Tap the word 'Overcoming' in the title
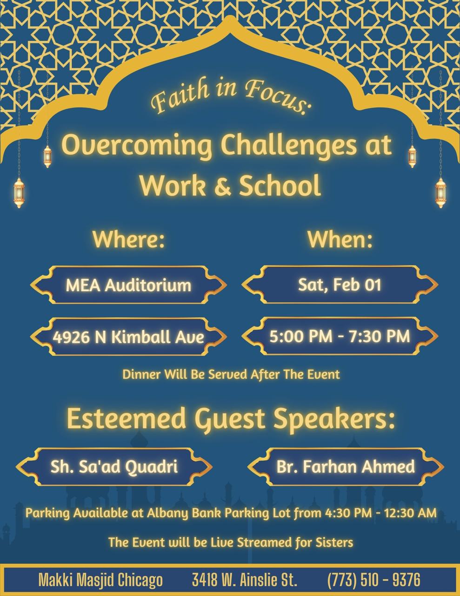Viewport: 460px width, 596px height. [x=136, y=146]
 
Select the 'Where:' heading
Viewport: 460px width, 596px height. [x=128, y=239]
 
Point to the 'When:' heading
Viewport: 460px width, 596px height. [x=340, y=239]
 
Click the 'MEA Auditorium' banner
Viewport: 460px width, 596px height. [x=128, y=284]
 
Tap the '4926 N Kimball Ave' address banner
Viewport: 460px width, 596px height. [x=128, y=337]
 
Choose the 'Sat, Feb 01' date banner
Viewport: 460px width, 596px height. [x=340, y=284]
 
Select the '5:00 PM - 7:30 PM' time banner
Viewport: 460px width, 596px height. [x=340, y=336]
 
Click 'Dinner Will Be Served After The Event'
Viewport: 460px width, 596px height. [x=231, y=374]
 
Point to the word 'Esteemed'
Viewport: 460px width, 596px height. [x=127, y=419]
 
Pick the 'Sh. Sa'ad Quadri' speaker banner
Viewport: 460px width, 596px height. [x=114, y=467]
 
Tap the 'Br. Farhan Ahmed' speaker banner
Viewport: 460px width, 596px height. [x=346, y=467]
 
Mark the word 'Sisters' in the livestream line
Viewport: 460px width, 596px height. [x=334, y=542]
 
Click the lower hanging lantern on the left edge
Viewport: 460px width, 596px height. [x=19, y=192]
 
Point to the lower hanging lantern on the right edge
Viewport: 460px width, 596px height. [x=440, y=192]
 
